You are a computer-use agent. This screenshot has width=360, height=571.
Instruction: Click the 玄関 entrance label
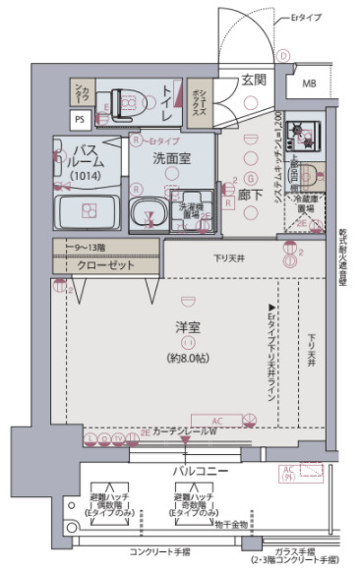point(255,81)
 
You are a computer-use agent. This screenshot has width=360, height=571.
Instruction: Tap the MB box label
point(309,84)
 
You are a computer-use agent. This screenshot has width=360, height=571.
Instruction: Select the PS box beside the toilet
point(79,119)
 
